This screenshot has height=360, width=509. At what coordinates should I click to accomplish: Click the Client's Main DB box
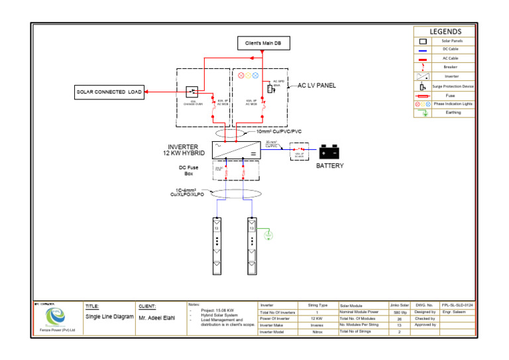tap(263, 43)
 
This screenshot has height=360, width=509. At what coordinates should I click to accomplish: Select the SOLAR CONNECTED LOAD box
tap(109, 91)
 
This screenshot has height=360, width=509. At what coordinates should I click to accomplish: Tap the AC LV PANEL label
tap(316, 86)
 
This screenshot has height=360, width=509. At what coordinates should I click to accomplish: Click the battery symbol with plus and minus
tap(329, 152)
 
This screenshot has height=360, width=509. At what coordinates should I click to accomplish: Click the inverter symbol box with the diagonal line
tap(235, 150)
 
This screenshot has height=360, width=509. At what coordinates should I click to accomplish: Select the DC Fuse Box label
tap(188, 170)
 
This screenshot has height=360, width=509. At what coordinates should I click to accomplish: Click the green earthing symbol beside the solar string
tap(268, 234)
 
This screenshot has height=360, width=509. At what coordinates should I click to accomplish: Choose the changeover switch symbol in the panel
tap(192, 91)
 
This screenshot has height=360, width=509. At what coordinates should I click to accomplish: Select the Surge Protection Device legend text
tap(453, 86)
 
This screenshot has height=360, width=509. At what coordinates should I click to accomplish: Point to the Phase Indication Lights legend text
tap(453, 104)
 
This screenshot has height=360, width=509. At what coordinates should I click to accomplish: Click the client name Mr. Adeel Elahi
tap(158, 318)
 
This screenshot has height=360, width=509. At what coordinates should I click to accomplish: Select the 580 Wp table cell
tap(400, 312)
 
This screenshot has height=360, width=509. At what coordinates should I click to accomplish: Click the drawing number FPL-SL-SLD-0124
tap(457, 305)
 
